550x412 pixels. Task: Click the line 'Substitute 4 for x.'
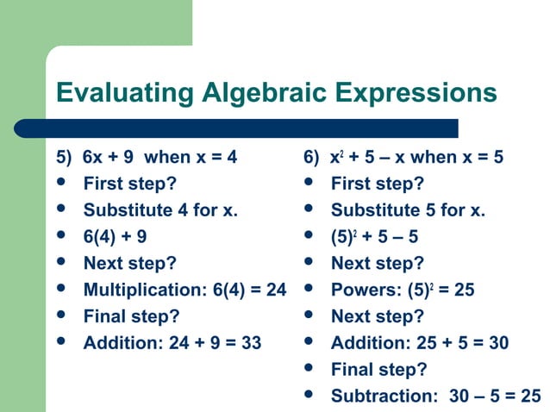pos(159,210)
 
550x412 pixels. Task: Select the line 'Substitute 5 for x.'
pos(408,210)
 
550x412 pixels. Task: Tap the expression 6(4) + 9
pos(115,237)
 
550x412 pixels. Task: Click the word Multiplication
pos(144,290)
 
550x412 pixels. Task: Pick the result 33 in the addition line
pos(251,343)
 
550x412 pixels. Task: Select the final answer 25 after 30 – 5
pos(530,396)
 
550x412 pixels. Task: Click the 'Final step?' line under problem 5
pos(131,316)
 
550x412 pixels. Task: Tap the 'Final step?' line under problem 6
pos(378,370)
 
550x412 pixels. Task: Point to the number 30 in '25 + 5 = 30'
pos(497,343)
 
